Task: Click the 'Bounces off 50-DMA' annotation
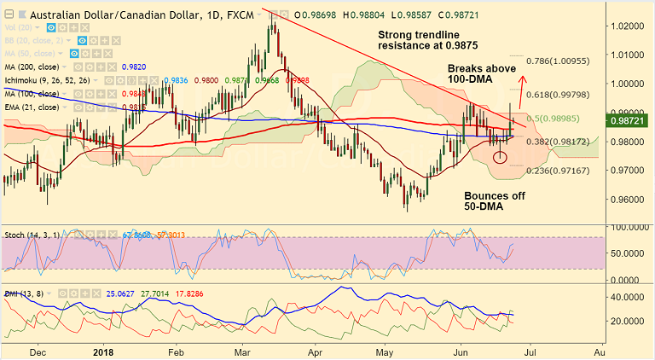pos(494,202)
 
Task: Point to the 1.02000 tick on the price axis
pos(628,26)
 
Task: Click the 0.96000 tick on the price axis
pos(628,200)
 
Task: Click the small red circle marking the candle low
pos(500,156)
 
